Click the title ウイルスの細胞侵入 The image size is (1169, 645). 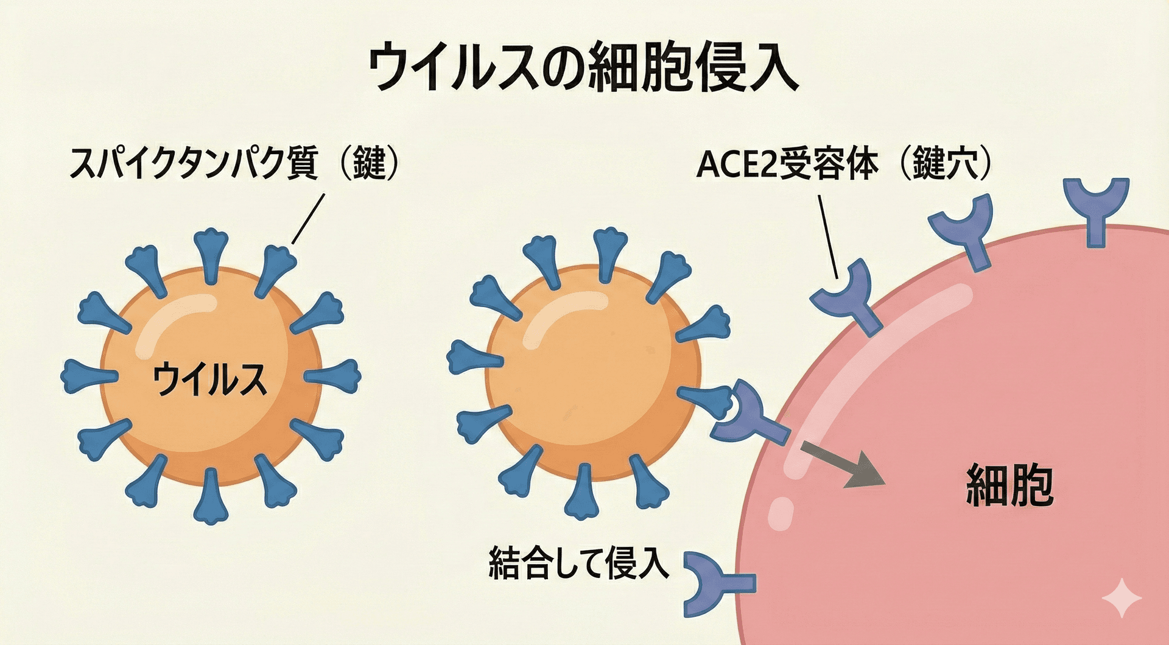[583, 67]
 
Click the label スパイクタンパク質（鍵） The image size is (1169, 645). [234, 163]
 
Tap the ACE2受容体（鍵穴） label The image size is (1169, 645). [844, 163]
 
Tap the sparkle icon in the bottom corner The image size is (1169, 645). [1122, 598]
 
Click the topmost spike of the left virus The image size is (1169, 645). [211, 253]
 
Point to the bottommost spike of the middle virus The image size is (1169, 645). [583, 493]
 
